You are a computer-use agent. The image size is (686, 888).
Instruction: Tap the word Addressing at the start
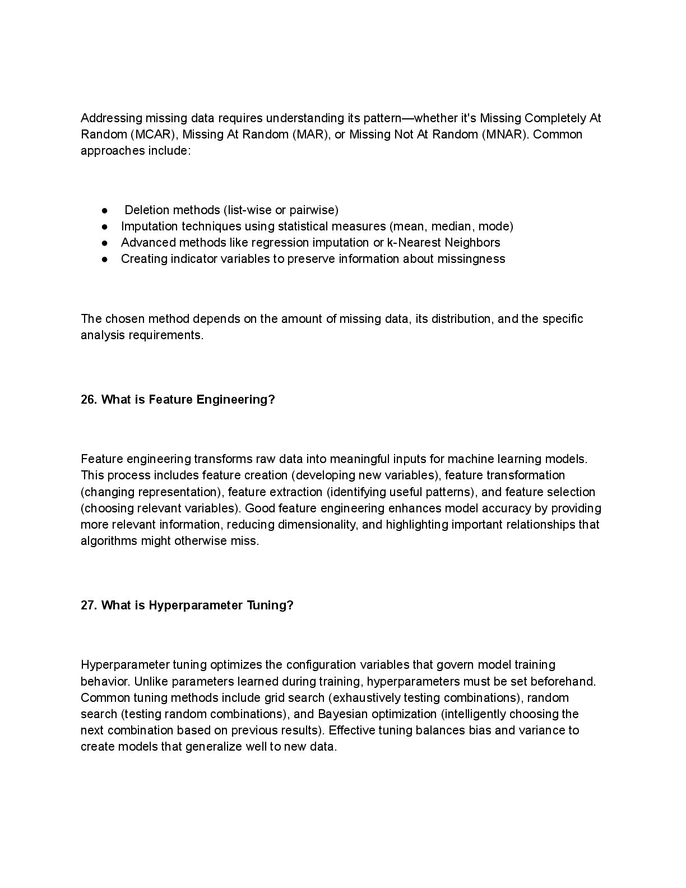tap(111, 118)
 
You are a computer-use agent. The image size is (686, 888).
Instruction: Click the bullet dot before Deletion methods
tap(105, 210)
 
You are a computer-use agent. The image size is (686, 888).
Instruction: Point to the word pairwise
tap(314, 210)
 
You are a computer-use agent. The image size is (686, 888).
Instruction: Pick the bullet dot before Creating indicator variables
tap(105, 259)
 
